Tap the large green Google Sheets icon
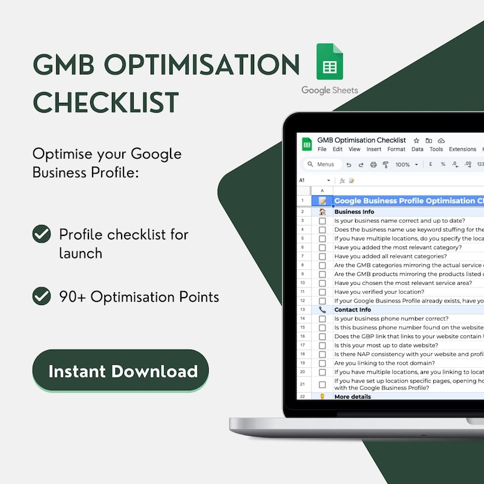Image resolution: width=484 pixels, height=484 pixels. [330, 63]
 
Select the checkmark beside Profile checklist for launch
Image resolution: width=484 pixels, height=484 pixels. [42, 234]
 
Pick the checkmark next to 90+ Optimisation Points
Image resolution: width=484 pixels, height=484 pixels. [42, 296]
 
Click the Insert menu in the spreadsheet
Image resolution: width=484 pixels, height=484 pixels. [374, 149]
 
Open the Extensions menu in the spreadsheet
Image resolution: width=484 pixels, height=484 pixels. [462, 149]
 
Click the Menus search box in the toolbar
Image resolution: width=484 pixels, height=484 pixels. [322, 165]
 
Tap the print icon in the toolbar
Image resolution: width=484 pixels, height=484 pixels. [373, 165]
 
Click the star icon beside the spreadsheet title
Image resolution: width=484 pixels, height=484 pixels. [416, 140]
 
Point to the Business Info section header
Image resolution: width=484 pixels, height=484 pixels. [354, 212]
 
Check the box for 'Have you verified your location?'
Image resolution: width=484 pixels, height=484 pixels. [322, 292]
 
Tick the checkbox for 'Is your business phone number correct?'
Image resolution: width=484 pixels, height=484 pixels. [322, 319]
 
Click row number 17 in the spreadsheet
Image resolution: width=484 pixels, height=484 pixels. [302, 345]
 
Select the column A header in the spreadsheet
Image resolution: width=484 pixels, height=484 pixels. [322, 190]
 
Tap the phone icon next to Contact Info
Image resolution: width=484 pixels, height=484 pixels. [322, 310]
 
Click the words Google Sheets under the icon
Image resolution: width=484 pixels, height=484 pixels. [330, 90]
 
